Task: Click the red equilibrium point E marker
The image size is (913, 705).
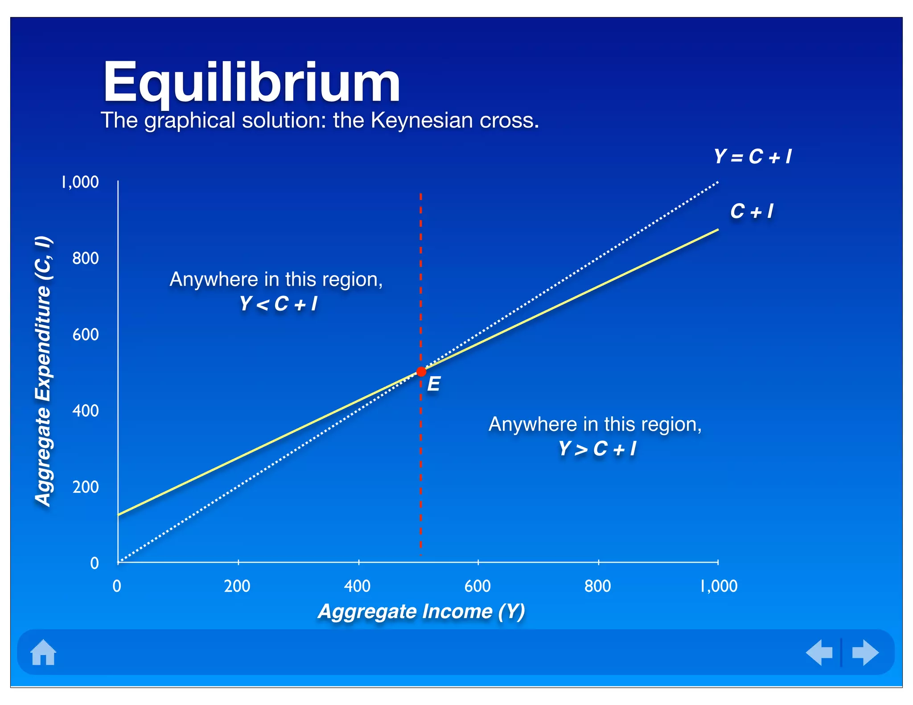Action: click(x=421, y=372)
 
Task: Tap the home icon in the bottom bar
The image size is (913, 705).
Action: click(x=43, y=652)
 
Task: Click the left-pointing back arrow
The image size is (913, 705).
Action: click(x=819, y=652)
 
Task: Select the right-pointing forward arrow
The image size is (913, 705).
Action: click(x=865, y=652)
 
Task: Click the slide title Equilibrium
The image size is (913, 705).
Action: click(x=251, y=83)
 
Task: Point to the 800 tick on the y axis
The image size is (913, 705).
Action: click(x=86, y=258)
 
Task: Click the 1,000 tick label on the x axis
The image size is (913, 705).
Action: click(x=719, y=586)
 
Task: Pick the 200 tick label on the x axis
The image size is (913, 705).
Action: click(x=237, y=586)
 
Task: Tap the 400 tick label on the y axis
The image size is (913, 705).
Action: click(x=86, y=411)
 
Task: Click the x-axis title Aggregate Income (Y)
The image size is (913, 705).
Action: click(x=421, y=611)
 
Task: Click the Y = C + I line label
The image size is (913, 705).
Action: click(x=753, y=157)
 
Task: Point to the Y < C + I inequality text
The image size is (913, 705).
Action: click(x=278, y=304)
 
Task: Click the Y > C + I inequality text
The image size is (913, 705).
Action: click(x=597, y=449)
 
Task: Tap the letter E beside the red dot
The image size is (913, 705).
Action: click(x=434, y=384)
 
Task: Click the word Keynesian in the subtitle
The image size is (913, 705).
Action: click(x=422, y=120)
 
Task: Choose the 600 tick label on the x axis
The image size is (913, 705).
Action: click(x=477, y=586)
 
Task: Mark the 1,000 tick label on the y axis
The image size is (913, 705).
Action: click(x=80, y=182)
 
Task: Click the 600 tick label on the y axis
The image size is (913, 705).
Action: click(x=86, y=335)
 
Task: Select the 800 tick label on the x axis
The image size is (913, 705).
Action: click(x=598, y=586)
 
